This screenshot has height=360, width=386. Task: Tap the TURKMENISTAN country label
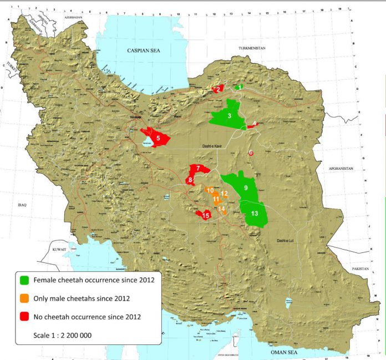coord(252,49)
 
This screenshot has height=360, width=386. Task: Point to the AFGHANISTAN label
coord(339,168)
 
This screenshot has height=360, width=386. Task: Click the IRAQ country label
coord(23,205)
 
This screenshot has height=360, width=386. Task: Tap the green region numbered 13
coord(254,214)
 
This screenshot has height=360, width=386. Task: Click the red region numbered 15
coord(204,215)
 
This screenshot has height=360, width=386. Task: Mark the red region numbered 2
coord(219,89)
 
